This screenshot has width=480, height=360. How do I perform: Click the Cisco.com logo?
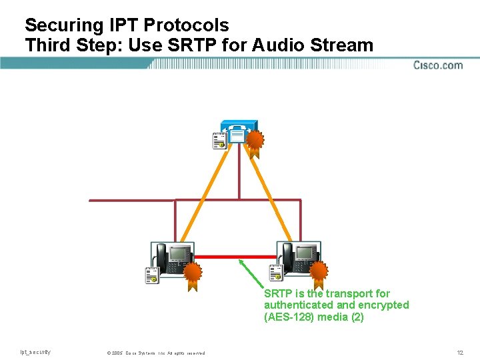438,65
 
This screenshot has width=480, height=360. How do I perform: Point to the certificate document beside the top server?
219,141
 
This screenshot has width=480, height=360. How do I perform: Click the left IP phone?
173,258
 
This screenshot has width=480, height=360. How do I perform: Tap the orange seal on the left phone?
193,273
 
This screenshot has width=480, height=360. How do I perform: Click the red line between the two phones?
235,257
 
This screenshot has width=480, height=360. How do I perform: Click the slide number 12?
460,352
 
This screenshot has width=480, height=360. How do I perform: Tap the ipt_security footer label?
35,352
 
